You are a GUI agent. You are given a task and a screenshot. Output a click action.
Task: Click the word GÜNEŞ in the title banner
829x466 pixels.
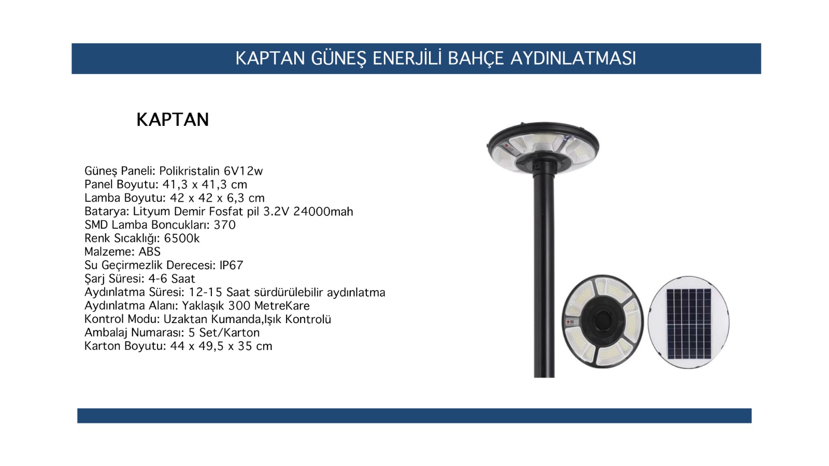pos(338,59)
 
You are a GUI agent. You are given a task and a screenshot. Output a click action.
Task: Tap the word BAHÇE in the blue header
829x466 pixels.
pos(476,59)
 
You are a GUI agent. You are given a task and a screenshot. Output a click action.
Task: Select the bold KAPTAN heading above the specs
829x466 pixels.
pos(173,120)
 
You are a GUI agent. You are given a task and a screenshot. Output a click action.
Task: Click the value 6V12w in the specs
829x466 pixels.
pos(243,171)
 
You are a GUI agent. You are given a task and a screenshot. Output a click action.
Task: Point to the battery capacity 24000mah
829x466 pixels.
pos(323,211)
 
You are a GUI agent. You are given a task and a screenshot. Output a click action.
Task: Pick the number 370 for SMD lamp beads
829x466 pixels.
pos(225,225)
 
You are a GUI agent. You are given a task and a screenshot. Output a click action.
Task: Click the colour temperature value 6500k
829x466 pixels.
pos(182,238)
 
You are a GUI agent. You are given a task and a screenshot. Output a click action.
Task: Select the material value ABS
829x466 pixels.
pos(150,252)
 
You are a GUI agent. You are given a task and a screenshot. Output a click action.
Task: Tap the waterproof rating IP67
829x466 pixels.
pos(231,265)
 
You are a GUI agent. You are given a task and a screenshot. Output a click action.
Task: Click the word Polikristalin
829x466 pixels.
pos(190,171)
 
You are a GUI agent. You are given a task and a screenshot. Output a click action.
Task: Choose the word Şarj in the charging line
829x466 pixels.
pos(95,279)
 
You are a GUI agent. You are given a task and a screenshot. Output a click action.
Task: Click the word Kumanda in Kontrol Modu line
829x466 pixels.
pos(235,319)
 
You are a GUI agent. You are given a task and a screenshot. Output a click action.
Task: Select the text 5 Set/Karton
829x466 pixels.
pos(224,332)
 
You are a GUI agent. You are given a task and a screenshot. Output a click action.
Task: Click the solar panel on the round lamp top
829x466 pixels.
pos(689,324)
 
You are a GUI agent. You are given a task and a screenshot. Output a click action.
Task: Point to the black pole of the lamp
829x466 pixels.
pos(544,274)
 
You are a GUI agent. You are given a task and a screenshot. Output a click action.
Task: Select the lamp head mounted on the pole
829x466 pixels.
pos(543,148)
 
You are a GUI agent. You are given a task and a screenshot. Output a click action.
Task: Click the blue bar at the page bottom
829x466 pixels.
pos(414,416)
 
